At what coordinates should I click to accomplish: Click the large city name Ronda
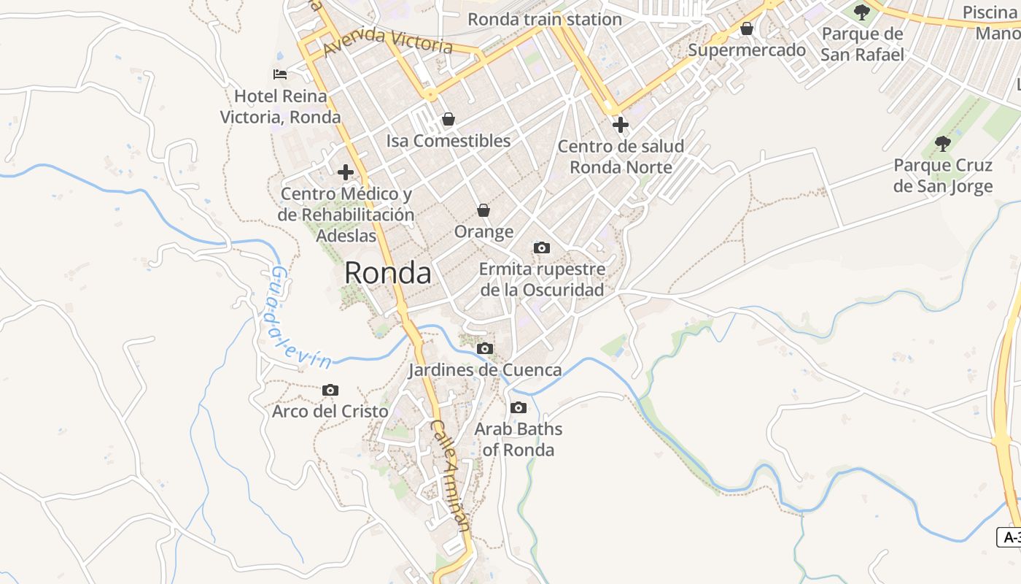pyautogui.click(x=387, y=273)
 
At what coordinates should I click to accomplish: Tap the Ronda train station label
pyautogui.click(x=544, y=19)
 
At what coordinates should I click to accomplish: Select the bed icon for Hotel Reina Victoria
pyautogui.click(x=280, y=74)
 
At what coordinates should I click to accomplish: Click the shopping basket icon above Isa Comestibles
pyautogui.click(x=448, y=119)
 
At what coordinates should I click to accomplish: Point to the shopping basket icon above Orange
pyautogui.click(x=483, y=210)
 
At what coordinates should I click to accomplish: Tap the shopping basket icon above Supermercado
pyautogui.click(x=746, y=28)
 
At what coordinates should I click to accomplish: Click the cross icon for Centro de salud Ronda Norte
pyautogui.click(x=621, y=125)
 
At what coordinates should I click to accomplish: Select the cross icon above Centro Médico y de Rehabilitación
pyautogui.click(x=345, y=172)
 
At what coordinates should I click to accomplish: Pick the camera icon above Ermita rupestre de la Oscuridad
pyautogui.click(x=541, y=248)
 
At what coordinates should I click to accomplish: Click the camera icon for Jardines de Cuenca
pyautogui.click(x=484, y=349)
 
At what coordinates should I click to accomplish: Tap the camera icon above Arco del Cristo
pyautogui.click(x=330, y=391)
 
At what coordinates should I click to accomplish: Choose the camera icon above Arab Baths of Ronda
pyautogui.click(x=518, y=407)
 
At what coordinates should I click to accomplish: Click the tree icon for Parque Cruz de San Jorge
pyautogui.click(x=942, y=143)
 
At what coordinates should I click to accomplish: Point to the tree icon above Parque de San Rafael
pyautogui.click(x=861, y=12)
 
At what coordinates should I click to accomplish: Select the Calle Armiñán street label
pyautogui.click(x=451, y=474)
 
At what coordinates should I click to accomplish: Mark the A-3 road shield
pyautogui.click(x=1009, y=537)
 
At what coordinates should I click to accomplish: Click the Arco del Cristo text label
pyautogui.click(x=330, y=411)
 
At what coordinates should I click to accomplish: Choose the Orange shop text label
pyautogui.click(x=484, y=231)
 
